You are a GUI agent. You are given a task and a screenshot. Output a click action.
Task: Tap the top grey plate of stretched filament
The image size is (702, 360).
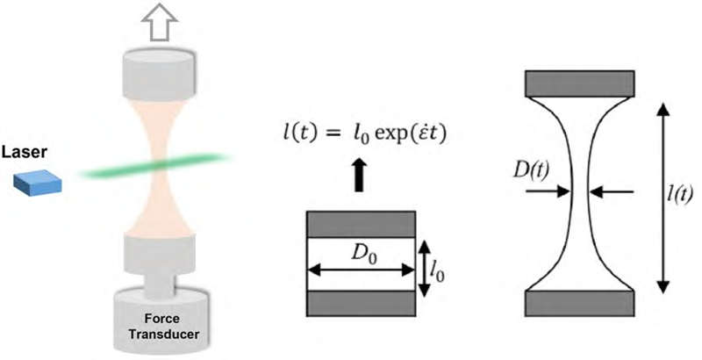[578, 83]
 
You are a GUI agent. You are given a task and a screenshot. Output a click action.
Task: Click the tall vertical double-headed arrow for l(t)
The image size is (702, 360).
[663, 198]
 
